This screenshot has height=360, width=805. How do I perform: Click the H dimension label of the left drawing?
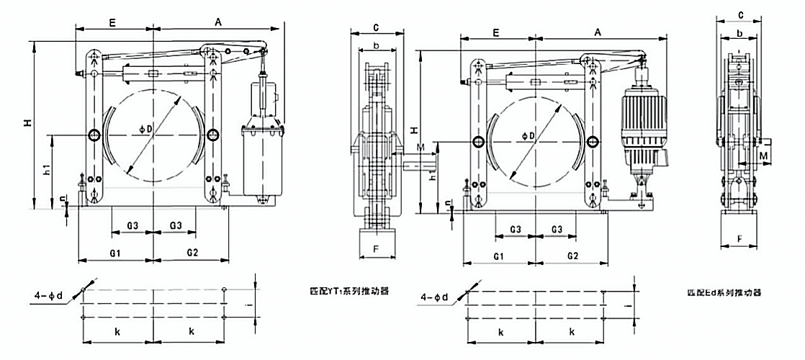pyautogui.click(x=27, y=124)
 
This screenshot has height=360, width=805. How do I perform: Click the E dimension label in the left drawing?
pyautogui.click(x=113, y=22)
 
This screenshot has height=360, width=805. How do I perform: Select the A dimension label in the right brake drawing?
pyautogui.click(x=598, y=32)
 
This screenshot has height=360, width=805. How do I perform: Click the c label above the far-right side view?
pyautogui.click(x=740, y=14)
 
